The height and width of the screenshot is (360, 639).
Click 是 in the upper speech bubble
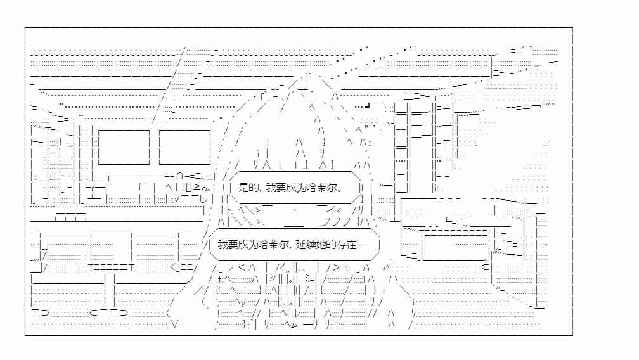click(243, 188)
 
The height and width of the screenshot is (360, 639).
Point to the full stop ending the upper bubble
click(340, 190)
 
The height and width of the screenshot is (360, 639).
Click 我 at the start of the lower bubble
click(223, 245)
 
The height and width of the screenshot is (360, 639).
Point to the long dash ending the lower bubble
click(363, 245)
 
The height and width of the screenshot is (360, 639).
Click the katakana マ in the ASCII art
click(177, 199)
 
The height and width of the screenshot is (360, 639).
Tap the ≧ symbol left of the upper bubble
click(196, 188)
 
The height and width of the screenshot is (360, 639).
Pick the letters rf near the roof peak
click(259, 97)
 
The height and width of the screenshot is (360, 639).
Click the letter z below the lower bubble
click(231, 268)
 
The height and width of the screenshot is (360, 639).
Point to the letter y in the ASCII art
click(243, 302)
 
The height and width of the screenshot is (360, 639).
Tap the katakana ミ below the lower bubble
click(308, 279)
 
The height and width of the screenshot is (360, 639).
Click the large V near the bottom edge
click(175, 325)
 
